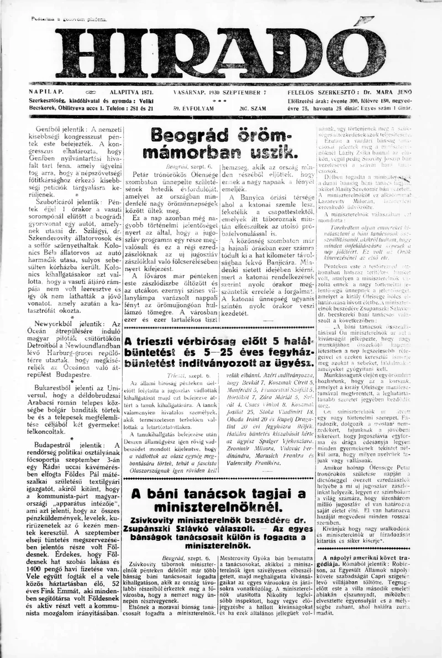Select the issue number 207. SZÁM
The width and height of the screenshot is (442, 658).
tap(253, 109)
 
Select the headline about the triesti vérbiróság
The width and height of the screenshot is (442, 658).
tap(221, 351)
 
